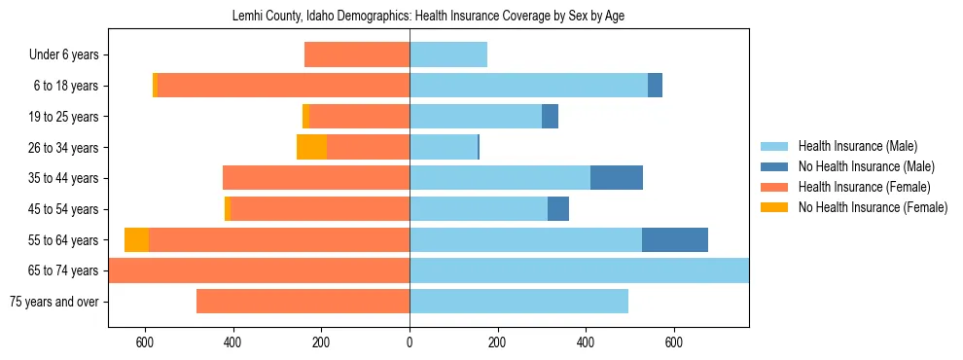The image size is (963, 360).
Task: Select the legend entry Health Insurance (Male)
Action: click(856, 146)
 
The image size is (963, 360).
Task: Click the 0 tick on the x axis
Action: click(410, 342)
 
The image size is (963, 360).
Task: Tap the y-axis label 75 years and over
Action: click(53, 302)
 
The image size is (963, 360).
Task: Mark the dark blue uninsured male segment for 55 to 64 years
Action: click(675, 239)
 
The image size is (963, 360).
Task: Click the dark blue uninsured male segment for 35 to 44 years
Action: click(617, 178)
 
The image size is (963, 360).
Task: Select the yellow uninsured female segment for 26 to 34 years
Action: click(311, 147)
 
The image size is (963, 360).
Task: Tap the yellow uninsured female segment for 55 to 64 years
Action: click(136, 239)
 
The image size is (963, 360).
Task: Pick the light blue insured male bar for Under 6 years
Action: click(448, 54)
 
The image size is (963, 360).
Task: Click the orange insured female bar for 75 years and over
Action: click(303, 302)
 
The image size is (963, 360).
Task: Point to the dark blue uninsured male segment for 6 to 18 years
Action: click(655, 86)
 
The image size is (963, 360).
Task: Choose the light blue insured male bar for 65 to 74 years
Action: click(579, 270)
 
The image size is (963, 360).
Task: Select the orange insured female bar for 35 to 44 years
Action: click(316, 178)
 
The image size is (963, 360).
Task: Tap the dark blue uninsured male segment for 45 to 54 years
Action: click(558, 209)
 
